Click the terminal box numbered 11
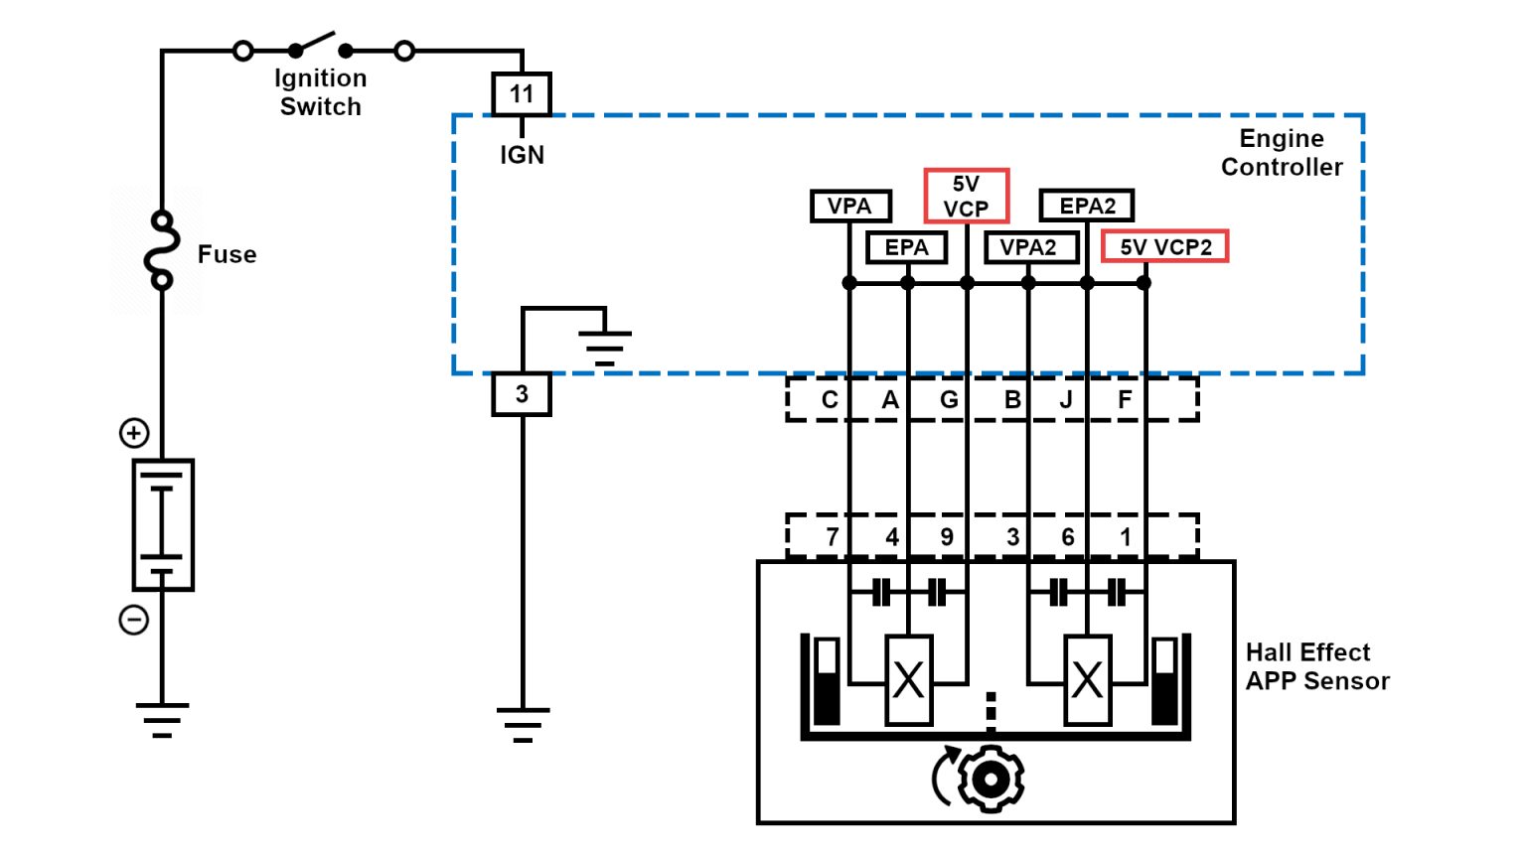point(521,94)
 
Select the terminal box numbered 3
point(521,394)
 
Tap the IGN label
point(522,155)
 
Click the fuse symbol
point(161,250)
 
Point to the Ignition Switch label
point(320,92)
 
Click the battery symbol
point(163,524)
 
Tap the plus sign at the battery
point(134,433)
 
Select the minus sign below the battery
point(134,620)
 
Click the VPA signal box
point(849,206)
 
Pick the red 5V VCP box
point(966,196)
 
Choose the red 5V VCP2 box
point(1164,246)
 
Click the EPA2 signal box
point(1086,206)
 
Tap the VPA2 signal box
point(1029,247)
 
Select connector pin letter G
point(949,399)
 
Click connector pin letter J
point(1066,399)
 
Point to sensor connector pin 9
point(947,537)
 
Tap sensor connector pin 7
point(833,537)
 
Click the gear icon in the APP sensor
point(990,779)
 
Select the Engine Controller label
point(1281,153)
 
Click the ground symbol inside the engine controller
point(604,347)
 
